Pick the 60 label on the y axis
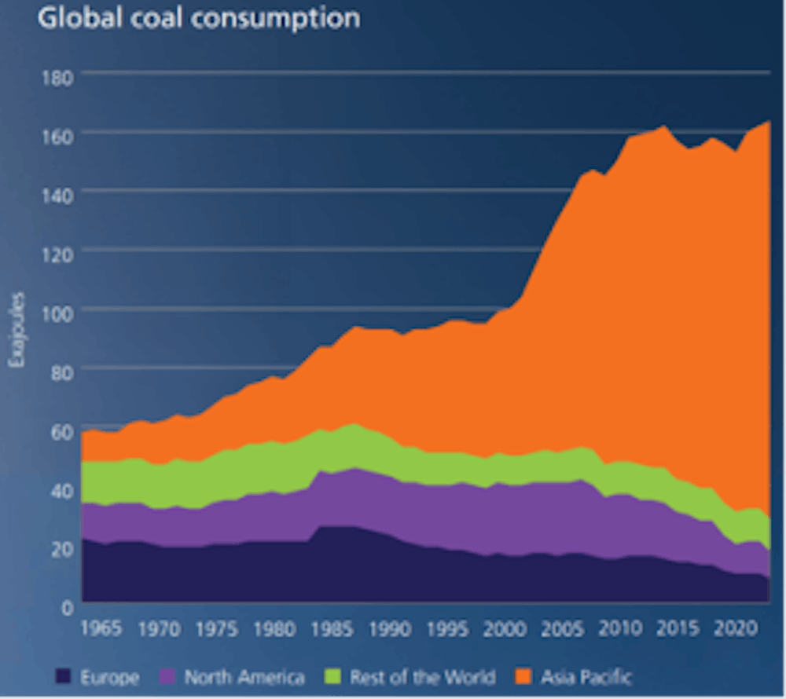[x=62, y=430]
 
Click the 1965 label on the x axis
[x=101, y=629]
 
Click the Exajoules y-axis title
[x=17, y=330]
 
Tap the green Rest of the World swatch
[x=333, y=676]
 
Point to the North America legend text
[x=244, y=676]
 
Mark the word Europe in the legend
[x=108, y=676]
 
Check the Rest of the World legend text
[x=423, y=676]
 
